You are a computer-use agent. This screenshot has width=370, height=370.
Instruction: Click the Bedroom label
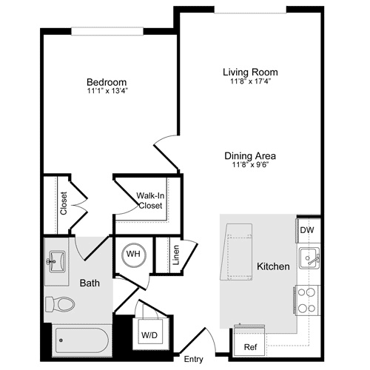[x=106, y=81]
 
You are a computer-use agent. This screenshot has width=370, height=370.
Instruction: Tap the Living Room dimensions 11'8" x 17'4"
[x=250, y=81]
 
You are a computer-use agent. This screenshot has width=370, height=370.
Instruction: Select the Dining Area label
[x=250, y=156]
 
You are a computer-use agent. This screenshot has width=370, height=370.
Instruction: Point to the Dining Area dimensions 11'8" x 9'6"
[x=250, y=166]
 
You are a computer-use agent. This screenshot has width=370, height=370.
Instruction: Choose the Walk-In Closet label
[x=150, y=201]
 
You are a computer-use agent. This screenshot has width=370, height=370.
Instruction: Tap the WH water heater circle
[x=134, y=255]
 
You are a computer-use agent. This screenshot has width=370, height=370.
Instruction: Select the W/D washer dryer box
[x=149, y=334]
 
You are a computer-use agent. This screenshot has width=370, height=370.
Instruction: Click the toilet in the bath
[x=61, y=304]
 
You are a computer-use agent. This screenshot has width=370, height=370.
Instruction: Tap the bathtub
[x=82, y=341]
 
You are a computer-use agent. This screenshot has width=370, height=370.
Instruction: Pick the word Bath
[x=90, y=283]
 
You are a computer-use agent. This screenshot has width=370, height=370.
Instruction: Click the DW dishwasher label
[x=306, y=230]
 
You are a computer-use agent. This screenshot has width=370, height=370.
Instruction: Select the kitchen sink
[x=309, y=258]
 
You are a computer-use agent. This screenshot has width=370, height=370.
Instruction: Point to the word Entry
[x=193, y=360]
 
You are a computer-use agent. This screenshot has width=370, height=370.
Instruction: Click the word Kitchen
[x=272, y=266]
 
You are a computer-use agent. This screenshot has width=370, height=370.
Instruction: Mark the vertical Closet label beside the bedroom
[x=64, y=204]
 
